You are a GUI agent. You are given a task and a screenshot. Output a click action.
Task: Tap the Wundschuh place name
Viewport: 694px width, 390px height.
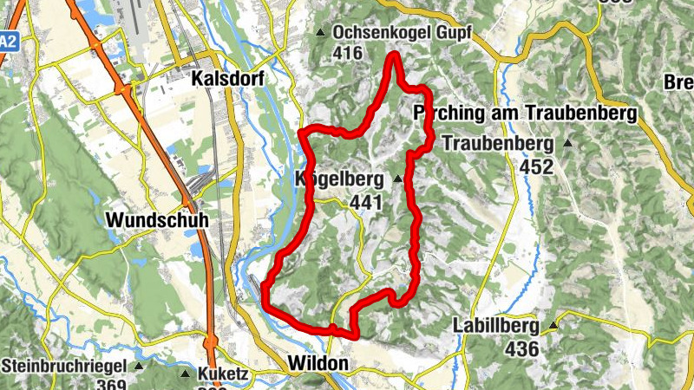(x=157, y=221)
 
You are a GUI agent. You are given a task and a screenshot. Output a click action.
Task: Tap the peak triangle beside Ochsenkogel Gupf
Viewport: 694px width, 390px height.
(x=321, y=34)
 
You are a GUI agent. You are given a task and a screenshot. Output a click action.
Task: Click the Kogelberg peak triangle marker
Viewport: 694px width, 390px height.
(x=398, y=179)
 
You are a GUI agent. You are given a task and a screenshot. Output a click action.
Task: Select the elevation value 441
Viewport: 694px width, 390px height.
(x=365, y=202)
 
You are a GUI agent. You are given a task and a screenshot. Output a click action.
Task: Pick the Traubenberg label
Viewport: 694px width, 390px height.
(x=497, y=143)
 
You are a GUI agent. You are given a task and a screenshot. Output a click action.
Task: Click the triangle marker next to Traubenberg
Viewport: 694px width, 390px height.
(x=567, y=143)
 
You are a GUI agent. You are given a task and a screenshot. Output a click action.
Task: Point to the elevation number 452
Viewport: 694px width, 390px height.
(x=536, y=166)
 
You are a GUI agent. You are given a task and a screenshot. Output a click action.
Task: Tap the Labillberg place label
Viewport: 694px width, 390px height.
(x=494, y=327)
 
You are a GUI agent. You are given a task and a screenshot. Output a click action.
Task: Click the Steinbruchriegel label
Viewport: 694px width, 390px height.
(x=64, y=366)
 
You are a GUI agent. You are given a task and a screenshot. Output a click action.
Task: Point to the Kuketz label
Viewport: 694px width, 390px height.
(x=224, y=374)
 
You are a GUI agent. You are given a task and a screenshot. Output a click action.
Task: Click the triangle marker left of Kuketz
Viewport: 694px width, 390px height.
(x=186, y=374)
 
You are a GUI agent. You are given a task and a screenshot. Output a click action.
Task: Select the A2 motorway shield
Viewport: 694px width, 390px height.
(x=8, y=41)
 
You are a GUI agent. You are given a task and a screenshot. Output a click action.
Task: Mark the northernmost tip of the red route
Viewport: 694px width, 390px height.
(x=394, y=55)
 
